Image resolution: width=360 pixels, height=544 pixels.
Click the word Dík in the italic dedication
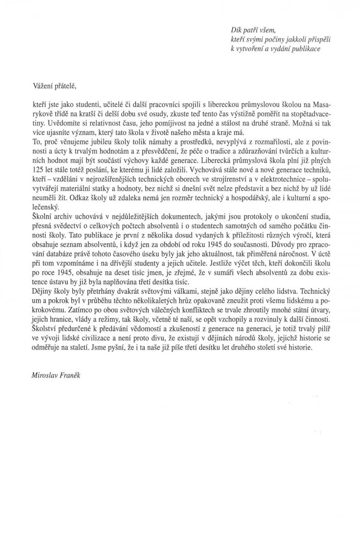(236, 30)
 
